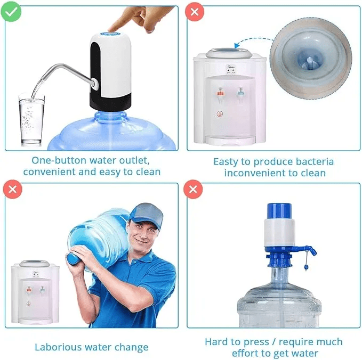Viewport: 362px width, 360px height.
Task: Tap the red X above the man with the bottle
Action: [11, 189]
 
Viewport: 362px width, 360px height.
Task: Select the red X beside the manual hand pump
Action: [193, 189]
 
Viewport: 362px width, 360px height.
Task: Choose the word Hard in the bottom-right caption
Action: [216, 342]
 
